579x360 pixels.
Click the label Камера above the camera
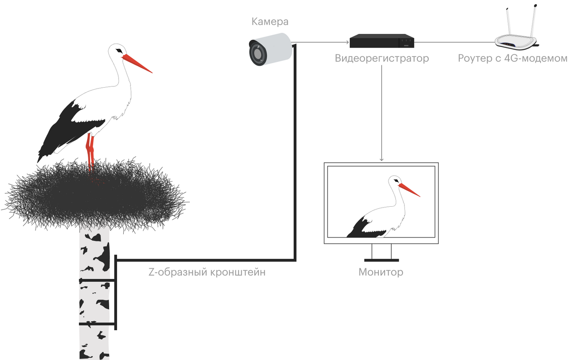(x=270, y=21)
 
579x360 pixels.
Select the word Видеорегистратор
(x=382, y=58)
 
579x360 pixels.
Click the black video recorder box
(x=381, y=41)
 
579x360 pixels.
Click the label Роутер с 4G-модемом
(x=512, y=58)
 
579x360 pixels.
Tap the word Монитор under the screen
(x=380, y=272)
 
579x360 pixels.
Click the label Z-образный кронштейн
(x=207, y=272)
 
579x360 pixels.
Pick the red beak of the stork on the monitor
(x=409, y=190)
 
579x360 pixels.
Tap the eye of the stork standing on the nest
(x=119, y=51)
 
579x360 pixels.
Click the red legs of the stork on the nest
(x=90, y=151)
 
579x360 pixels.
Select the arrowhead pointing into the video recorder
(x=347, y=42)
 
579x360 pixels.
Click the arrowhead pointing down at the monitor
(x=381, y=159)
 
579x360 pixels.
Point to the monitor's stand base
(x=381, y=260)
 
